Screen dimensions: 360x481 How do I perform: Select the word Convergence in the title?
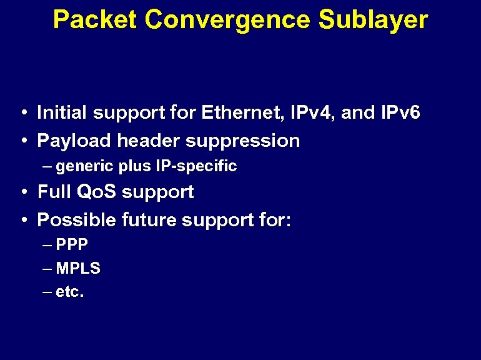(227, 20)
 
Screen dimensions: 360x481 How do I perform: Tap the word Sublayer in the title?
(373, 20)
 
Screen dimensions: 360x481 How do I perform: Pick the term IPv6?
(400, 113)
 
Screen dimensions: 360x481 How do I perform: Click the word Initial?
(62, 113)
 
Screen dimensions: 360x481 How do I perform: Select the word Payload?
(74, 141)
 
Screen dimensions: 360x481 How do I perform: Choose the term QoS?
(96, 192)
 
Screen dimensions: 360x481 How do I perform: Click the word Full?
(53, 192)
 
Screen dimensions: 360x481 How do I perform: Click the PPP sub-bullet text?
(72, 244)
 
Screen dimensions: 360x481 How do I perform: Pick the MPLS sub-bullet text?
(78, 269)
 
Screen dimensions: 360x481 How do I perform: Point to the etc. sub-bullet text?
(70, 292)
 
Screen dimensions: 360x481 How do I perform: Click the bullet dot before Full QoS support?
(22, 192)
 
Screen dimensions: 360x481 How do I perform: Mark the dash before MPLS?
(49, 269)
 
